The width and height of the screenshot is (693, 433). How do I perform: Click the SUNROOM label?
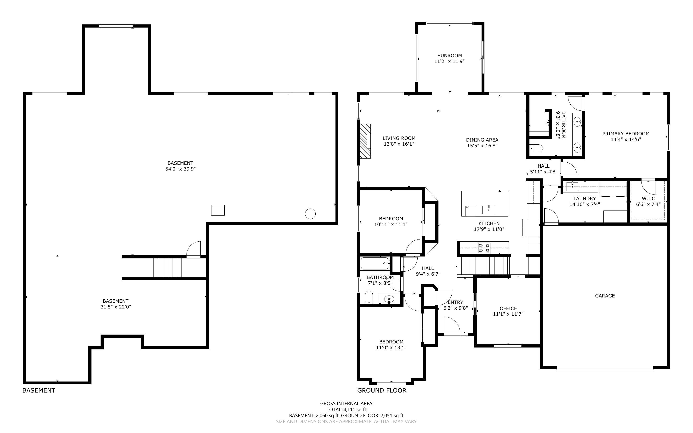[449, 56]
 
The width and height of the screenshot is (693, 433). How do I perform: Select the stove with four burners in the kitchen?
[484, 248]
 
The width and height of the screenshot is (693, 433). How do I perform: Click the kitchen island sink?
[489, 209]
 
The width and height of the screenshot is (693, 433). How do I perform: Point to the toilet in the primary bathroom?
[536, 148]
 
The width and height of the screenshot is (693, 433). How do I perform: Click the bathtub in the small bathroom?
[375, 263]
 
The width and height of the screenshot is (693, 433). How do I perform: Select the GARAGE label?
[605, 296]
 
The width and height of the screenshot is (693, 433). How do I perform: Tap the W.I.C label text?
[648, 199]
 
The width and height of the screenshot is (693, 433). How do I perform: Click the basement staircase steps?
[167, 268]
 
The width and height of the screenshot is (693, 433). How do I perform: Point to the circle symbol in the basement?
[310, 214]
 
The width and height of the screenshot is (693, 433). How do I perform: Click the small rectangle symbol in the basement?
[218, 210]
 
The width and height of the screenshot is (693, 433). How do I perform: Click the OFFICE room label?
[508, 308]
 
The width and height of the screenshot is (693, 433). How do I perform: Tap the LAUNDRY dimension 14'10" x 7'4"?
[585, 204]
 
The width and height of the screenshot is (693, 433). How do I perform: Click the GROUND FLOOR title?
[381, 390]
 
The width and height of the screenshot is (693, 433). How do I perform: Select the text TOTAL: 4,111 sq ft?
[346, 410]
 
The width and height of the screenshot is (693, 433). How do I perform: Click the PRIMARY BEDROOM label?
[626, 133]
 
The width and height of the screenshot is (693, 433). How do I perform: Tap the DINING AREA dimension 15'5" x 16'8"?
[482, 145]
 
